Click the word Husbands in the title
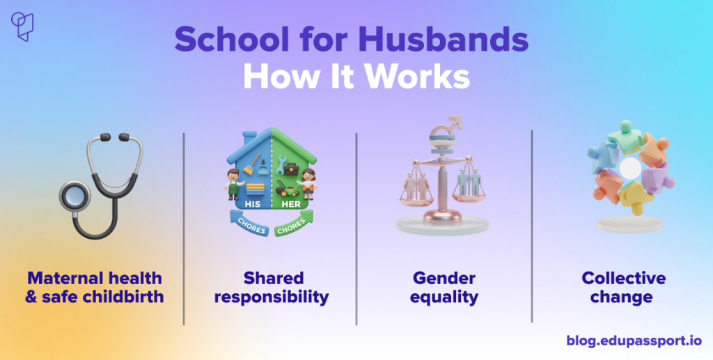[x=444, y=40]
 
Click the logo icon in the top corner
[x=22, y=26]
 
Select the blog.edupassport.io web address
[x=634, y=341]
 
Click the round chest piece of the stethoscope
[x=75, y=196]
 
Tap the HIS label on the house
[x=252, y=204]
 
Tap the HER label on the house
[x=290, y=204]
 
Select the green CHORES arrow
[x=293, y=224]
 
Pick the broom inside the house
[x=251, y=164]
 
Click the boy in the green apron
[x=235, y=184]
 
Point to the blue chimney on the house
[x=249, y=139]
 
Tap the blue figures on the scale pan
[x=469, y=182]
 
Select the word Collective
[x=623, y=278]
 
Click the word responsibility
[x=272, y=297]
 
